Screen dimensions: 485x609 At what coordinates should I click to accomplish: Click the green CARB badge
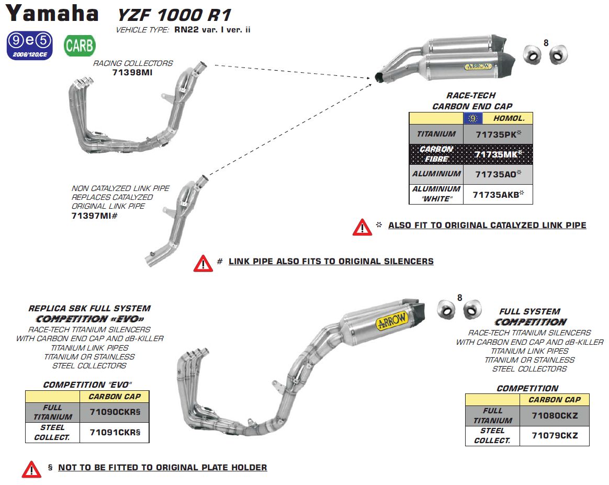[80, 46]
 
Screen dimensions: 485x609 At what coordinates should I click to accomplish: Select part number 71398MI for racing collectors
[132, 73]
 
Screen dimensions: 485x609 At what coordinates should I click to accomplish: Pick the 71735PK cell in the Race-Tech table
[498, 134]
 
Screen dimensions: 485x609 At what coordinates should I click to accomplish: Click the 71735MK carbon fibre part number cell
[498, 154]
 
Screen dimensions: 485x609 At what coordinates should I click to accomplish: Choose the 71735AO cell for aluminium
[498, 174]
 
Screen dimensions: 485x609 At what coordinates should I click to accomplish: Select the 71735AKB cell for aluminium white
[498, 194]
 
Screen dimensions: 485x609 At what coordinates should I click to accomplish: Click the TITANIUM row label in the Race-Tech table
[436, 134]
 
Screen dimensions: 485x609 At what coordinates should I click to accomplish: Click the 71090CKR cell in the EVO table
[115, 412]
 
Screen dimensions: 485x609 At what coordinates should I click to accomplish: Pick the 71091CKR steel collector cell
[115, 433]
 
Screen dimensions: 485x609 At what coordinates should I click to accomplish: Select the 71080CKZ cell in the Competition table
[555, 416]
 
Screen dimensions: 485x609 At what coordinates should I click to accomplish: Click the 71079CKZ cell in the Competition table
[555, 435]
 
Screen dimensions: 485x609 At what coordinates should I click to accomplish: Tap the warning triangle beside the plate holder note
[31, 469]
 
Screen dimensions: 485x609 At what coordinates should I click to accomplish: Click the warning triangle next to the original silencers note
[203, 263]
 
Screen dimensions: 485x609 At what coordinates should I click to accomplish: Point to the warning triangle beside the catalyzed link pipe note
[362, 227]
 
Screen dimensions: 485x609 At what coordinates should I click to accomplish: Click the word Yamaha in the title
[52, 14]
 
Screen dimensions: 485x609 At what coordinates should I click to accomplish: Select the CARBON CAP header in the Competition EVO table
[115, 397]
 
